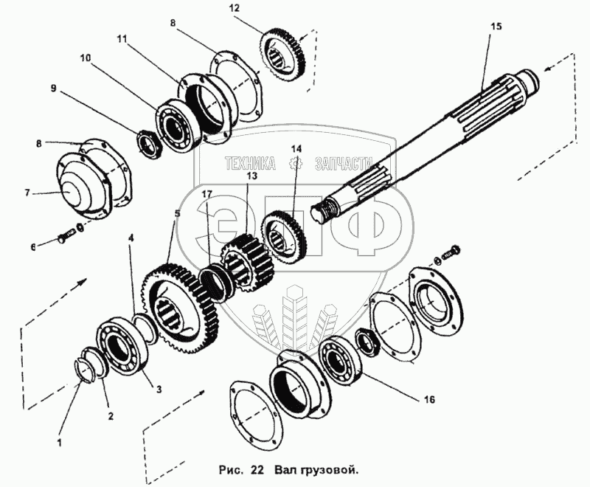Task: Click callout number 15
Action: pos(495,26)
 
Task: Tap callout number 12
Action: pos(235,8)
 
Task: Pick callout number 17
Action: pos(207,195)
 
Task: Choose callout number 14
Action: pos(296,149)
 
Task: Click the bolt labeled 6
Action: pos(64,238)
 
